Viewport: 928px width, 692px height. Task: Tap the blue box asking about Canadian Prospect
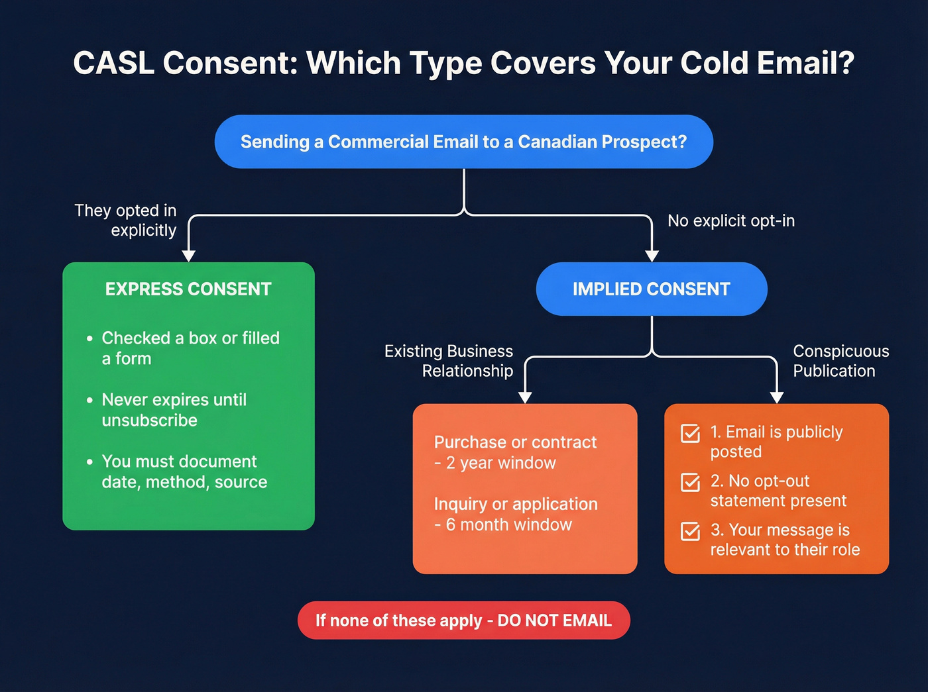(x=463, y=142)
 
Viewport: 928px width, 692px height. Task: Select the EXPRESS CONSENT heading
(x=188, y=289)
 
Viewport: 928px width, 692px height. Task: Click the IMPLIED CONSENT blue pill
(x=651, y=289)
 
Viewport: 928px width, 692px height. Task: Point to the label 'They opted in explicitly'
(x=126, y=220)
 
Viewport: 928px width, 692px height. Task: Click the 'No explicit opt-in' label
(x=730, y=221)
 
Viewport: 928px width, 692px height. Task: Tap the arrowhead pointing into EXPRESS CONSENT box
(x=189, y=256)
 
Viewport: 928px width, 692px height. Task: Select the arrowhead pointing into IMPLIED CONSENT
(x=652, y=256)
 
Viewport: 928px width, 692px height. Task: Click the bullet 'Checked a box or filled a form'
(x=190, y=348)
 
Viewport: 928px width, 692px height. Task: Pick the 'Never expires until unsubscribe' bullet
(x=174, y=410)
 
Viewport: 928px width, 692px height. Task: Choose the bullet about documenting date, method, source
(x=184, y=471)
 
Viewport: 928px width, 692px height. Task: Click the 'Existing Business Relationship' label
(x=449, y=361)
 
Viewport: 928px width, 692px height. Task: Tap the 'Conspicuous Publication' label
(x=841, y=361)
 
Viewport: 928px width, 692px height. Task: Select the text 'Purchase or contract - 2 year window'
(x=515, y=452)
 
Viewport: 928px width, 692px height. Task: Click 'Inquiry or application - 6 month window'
(x=515, y=514)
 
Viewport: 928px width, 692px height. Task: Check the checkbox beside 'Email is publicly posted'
(x=690, y=434)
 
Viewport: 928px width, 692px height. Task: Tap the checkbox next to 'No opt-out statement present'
(x=690, y=483)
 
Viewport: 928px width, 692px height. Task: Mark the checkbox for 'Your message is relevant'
(x=690, y=532)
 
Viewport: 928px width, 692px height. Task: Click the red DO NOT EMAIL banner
(x=463, y=620)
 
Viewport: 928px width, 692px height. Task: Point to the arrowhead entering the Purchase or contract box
(x=525, y=397)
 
